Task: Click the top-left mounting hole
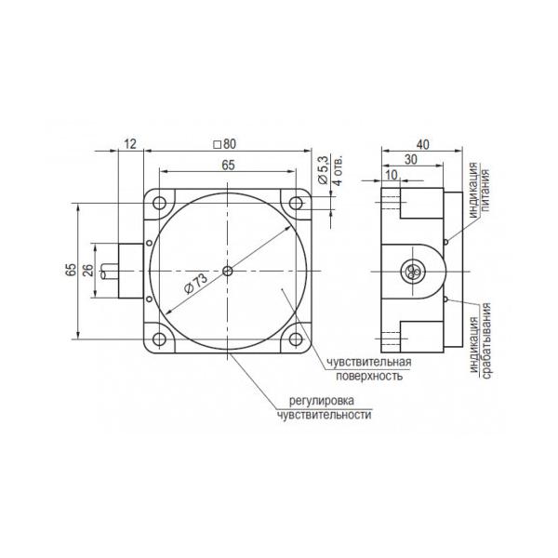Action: tap(159, 203)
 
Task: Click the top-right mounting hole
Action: tap(296, 203)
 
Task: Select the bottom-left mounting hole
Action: tap(159, 339)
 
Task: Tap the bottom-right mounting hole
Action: tap(296, 339)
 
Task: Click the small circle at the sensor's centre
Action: tap(228, 272)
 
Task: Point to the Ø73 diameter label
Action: tap(195, 285)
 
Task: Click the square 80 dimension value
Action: tap(224, 144)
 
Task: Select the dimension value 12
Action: tap(130, 144)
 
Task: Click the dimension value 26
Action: tap(88, 271)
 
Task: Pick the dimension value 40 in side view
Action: tap(423, 144)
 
